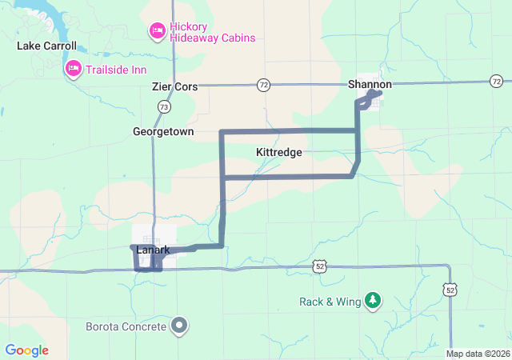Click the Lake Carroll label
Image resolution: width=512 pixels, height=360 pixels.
[46, 46]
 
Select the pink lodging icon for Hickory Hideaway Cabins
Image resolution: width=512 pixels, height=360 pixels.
[157, 30]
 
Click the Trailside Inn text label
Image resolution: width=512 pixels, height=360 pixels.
[122, 69]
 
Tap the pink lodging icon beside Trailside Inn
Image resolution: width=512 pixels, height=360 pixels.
[73, 69]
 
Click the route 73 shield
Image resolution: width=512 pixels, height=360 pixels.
[164, 106]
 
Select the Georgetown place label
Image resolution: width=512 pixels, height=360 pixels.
[163, 131]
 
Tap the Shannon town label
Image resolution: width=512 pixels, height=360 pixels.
[370, 84]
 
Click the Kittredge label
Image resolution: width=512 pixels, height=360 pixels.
[278, 152]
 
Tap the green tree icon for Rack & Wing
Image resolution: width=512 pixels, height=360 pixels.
[373, 301]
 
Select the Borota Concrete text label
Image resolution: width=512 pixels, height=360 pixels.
[126, 326]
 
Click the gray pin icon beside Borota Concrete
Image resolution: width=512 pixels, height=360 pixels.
[179, 326]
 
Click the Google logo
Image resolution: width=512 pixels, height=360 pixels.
[26, 350]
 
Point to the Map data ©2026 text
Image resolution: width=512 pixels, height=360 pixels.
[477, 354]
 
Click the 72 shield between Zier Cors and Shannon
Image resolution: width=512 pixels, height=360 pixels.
[263, 84]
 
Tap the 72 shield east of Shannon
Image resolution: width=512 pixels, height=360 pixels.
[497, 81]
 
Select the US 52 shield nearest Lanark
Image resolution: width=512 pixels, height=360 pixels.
[319, 266]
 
